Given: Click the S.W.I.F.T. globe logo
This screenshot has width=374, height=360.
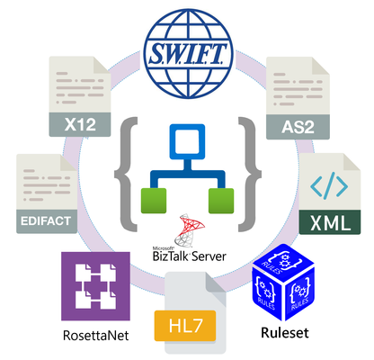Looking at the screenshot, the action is pyautogui.click(x=188, y=53).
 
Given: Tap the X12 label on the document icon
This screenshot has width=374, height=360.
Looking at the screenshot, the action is pyautogui.click(x=80, y=124).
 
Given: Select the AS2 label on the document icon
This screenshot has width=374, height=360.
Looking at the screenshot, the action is pyautogui.click(x=298, y=127).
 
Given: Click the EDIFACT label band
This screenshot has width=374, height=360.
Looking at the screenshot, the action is pyautogui.click(x=46, y=221).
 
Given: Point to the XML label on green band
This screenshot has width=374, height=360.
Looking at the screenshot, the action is pyautogui.click(x=330, y=222).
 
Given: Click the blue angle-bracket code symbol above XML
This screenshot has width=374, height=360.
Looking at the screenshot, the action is pyautogui.click(x=329, y=187).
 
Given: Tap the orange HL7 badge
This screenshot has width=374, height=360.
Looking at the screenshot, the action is pyautogui.click(x=185, y=326).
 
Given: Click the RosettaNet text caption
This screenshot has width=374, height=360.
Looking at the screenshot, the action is pyautogui.click(x=96, y=335).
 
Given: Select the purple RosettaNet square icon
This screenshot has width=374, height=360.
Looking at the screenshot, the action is pyautogui.click(x=95, y=286).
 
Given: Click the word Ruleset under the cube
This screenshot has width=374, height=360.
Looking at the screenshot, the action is pyautogui.click(x=285, y=333).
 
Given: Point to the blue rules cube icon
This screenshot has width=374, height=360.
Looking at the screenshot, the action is pyautogui.click(x=283, y=282).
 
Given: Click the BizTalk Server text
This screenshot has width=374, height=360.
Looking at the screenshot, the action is pyautogui.click(x=189, y=256).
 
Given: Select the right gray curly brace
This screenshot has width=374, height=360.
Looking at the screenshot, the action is pyautogui.click(x=250, y=175).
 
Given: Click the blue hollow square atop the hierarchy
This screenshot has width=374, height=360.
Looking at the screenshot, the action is pyautogui.click(x=187, y=141).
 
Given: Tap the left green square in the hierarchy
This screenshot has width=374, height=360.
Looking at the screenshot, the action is pyautogui.click(x=154, y=201).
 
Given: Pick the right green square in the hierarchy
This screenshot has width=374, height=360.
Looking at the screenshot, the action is pyautogui.click(x=221, y=201).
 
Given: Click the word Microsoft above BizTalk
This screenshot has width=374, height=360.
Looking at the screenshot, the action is pyautogui.click(x=164, y=248).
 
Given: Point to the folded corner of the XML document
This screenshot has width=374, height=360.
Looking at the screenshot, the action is pyautogui.click(x=352, y=162).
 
